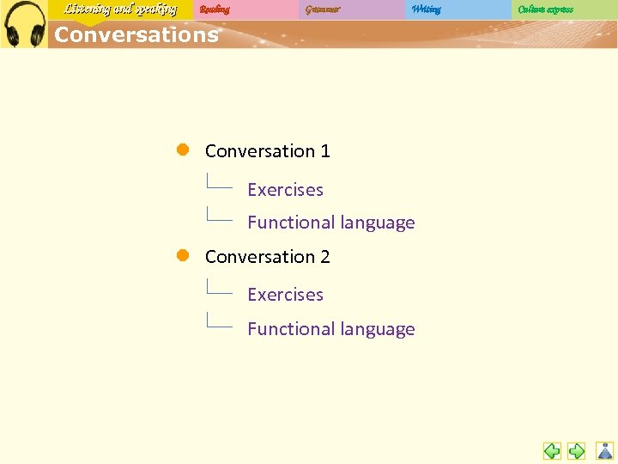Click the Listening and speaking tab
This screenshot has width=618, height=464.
pos(120,9)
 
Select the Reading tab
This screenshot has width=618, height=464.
pos(215,9)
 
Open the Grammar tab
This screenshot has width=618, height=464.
pos(323,9)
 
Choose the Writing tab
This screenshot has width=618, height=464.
pos(426,9)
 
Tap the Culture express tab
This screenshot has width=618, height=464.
pos(546,9)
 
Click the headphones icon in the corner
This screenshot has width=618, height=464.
pos(24,24)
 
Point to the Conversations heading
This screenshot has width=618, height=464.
pos(136,35)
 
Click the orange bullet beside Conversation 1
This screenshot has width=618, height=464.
pos(183,150)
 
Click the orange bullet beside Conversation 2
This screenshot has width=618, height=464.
pos(183,255)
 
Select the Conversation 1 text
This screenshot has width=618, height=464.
pos(267,151)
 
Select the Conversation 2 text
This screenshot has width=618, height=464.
pos(267,256)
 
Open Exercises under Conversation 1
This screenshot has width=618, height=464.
pos(285,190)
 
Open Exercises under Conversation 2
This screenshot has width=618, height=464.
pos(285,295)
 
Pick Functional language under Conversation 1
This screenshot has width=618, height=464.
pos(330,223)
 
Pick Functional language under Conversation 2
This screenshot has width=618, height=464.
pos(330,329)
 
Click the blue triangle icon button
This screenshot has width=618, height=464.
pos(605,450)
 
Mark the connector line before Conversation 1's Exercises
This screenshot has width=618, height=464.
pos(219,184)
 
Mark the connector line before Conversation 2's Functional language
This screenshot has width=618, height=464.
pos(219,323)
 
